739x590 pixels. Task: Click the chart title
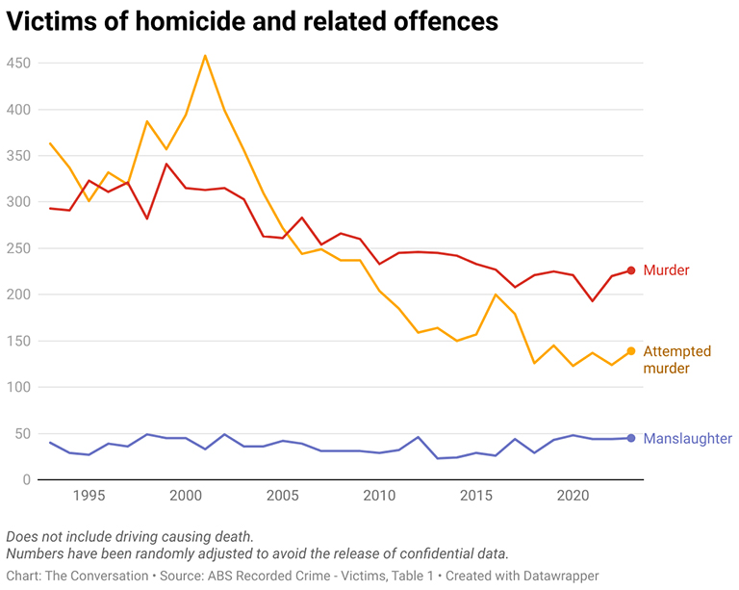point(252,21)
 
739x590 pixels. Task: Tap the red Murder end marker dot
point(631,270)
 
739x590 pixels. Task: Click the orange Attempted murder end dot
point(631,351)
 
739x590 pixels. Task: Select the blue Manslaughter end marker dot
point(631,438)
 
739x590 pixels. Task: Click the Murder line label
point(666,270)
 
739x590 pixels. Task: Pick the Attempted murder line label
point(677,359)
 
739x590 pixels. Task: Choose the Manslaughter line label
point(687,438)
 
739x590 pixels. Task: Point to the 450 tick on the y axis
point(18,64)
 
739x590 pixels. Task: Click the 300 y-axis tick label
point(18,202)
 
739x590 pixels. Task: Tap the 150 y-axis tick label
point(18,341)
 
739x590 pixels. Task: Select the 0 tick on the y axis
point(27,479)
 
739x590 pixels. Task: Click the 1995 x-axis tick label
point(89,497)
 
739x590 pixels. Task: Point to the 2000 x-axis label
point(186,497)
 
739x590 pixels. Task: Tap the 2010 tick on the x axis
point(379,497)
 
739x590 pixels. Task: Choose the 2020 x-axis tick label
point(573,497)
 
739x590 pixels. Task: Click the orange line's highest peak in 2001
point(205,56)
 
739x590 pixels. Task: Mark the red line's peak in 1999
point(166,164)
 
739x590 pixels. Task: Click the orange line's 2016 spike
point(496,295)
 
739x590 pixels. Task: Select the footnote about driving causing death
point(130,535)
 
